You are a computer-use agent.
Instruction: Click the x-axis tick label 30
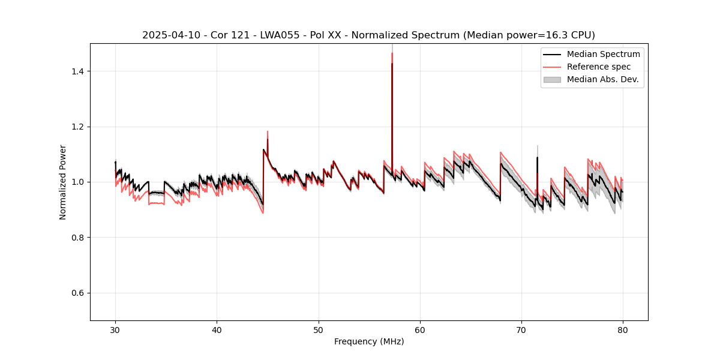pos(115,330)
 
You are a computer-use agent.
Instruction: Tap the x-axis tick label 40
pos(217,330)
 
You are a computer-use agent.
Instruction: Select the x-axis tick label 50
pos(319,330)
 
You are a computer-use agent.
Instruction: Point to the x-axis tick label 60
pos(420,330)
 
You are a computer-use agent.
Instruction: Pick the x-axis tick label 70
pos(521,330)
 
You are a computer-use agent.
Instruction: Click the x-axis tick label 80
pos(623,330)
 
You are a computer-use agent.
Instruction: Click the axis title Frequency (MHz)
pos(369,341)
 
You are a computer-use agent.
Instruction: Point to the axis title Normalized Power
pos(63,182)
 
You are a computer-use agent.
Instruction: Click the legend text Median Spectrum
pos(603,54)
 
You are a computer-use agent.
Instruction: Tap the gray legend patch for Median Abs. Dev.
pos(552,79)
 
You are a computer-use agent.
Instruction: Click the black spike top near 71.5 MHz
pos(537,158)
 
